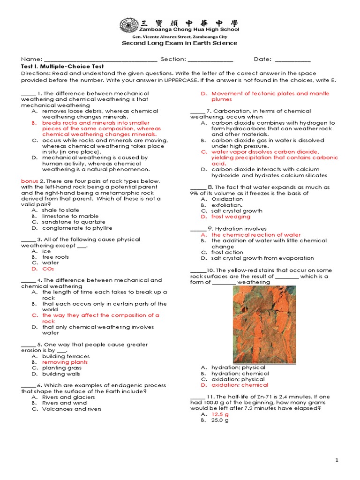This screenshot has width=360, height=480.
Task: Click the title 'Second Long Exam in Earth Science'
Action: (180, 43)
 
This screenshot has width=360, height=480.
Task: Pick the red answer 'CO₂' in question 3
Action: (48, 269)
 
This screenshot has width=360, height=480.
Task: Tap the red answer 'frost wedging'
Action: (231, 217)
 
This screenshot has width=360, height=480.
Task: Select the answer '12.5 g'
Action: (220, 414)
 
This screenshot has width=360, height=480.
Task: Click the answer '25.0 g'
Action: (220, 420)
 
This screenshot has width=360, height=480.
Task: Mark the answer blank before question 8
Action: (198, 187)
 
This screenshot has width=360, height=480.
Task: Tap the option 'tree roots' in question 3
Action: (55, 257)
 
